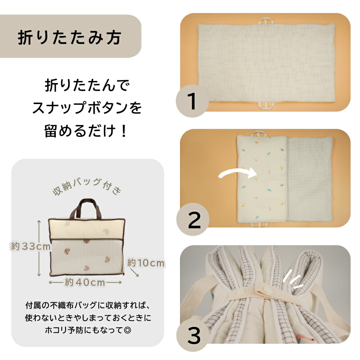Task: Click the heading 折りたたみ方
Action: [x=69, y=37]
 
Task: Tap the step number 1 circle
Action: [x=192, y=101]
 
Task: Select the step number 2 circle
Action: [x=193, y=220]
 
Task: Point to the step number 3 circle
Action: [x=193, y=335]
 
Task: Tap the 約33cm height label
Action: [x=31, y=247]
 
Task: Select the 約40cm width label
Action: [x=85, y=282]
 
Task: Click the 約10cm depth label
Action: [x=146, y=263]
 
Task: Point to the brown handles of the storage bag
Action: [x=86, y=208]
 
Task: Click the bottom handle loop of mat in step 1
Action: [x=266, y=105]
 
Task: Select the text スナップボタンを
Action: [x=87, y=108]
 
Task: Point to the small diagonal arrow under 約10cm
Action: [x=134, y=273]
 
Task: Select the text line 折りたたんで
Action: [x=87, y=85]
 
